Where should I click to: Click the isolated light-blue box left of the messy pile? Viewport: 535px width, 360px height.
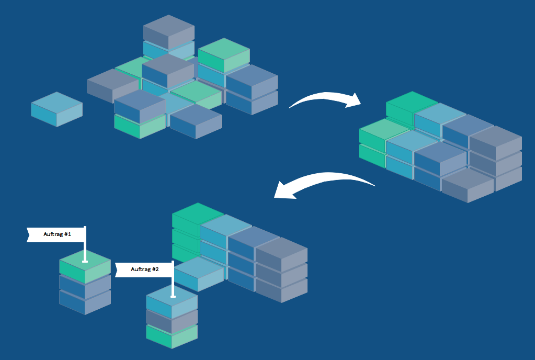[x=56, y=108]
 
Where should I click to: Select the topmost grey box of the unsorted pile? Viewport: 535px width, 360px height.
[x=168, y=31]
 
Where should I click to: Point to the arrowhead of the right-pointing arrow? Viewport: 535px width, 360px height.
[x=355, y=100]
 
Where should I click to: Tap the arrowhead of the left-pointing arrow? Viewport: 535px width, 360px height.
[x=282, y=192]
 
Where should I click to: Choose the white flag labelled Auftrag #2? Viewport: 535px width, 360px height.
[x=144, y=269]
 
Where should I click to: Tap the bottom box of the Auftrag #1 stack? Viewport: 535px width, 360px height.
[x=85, y=302]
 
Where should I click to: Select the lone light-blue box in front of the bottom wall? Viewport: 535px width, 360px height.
[x=199, y=273]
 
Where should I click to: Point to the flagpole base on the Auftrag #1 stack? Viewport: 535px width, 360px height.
[x=85, y=261]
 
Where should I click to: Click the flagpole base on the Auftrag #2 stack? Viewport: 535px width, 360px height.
[x=173, y=297]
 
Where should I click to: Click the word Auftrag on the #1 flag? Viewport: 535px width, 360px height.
[x=52, y=234]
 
